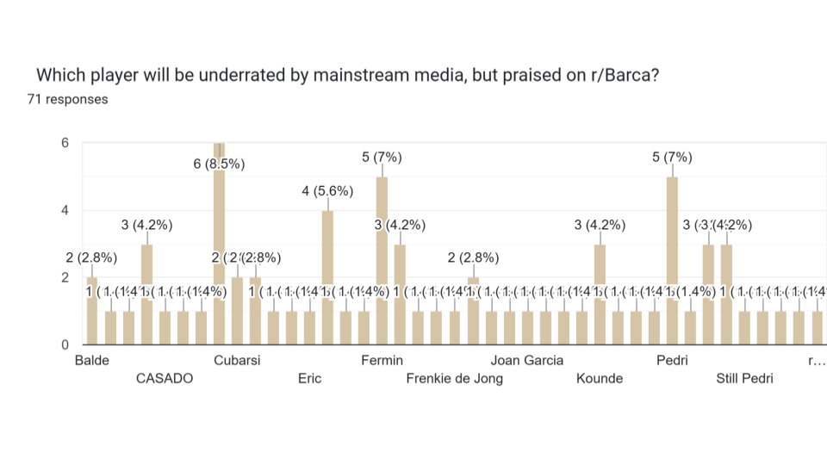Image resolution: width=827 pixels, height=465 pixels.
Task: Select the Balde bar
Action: (92, 311)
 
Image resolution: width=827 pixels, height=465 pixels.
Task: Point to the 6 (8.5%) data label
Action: (219, 164)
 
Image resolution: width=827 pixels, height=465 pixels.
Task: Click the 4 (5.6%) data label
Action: (327, 191)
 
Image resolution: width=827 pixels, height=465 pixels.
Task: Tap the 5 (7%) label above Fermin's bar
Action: (382, 157)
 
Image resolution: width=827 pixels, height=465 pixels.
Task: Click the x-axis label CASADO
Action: (165, 378)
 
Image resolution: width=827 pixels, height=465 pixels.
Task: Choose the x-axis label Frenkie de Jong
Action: (454, 378)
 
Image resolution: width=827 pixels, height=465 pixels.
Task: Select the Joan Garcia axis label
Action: (527, 360)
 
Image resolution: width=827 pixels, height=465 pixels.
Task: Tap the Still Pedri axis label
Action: (744, 378)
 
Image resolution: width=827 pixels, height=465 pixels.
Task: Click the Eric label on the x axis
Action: (309, 378)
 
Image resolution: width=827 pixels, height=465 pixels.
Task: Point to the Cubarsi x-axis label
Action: (237, 360)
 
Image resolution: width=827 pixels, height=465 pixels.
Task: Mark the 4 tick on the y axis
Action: (64, 210)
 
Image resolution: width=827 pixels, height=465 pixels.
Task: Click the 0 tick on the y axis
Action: (64, 345)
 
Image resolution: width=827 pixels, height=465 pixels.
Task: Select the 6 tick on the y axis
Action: (64, 143)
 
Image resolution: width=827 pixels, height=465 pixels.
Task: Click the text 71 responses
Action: (67, 99)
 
